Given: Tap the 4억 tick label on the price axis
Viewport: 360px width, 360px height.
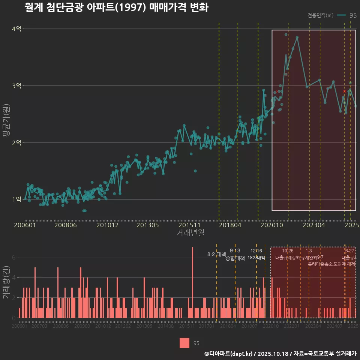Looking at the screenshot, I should pos(16,29).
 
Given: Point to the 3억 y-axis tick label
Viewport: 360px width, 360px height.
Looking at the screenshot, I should pos(16,86).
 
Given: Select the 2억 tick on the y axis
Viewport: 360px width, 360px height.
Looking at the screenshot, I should pos(16,142).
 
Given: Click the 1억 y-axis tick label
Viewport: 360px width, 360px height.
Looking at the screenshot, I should pos(16,199).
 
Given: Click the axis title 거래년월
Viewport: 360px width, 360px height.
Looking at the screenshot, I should pos(190,233).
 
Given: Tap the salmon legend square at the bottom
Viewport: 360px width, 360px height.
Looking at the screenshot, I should pos(184,343).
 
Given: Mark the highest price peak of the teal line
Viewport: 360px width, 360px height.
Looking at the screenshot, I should pos(297,37).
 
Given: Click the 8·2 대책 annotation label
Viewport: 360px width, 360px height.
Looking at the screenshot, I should pos(216,254).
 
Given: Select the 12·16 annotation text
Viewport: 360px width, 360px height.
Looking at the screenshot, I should pos(256,250).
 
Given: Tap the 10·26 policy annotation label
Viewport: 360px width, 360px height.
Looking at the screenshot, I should pos(288,250).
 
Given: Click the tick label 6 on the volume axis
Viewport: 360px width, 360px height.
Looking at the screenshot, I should pos(14,257).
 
